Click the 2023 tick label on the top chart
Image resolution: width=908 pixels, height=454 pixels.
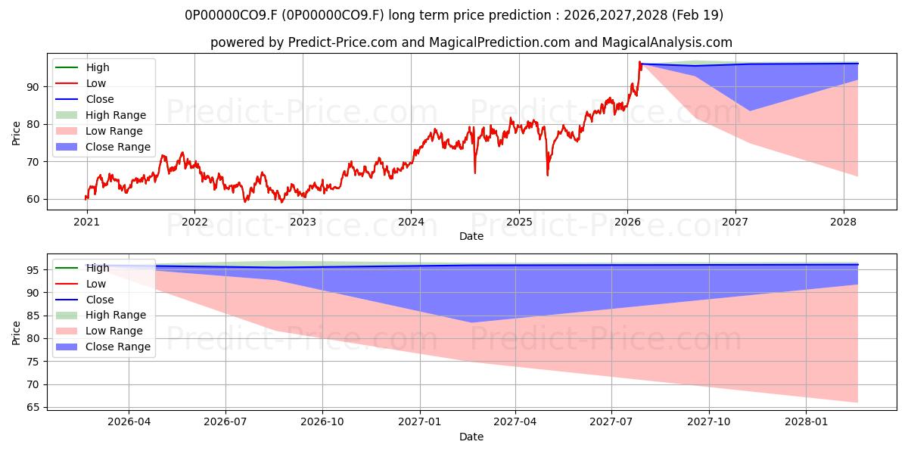point(303,222)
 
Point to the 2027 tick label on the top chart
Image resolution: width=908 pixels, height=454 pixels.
point(735,222)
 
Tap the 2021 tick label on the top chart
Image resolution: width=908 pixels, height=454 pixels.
point(86,222)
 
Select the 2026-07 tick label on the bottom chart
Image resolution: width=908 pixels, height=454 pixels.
point(225,422)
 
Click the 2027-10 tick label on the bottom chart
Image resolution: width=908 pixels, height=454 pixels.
point(709,422)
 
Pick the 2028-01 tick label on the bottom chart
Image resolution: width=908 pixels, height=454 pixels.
point(807,422)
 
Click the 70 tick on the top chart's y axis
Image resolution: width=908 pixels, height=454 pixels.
point(33,162)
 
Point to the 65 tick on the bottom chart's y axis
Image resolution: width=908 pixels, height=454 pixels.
point(33,407)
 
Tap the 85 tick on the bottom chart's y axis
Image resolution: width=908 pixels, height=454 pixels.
point(33,316)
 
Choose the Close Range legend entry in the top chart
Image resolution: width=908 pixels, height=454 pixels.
point(103,147)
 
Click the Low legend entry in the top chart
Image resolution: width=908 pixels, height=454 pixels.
point(81,83)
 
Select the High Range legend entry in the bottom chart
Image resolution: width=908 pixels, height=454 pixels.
point(101,315)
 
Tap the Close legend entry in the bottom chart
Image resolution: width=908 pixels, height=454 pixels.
point(84,300)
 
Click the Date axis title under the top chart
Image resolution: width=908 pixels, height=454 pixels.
point(471,236)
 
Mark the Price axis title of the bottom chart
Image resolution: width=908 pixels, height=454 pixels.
point(16,333)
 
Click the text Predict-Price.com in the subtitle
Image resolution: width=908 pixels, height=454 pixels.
point(343,42)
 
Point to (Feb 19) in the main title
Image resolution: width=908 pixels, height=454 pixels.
point(698,15)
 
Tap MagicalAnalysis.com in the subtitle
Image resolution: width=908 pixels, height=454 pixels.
point(667,42)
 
